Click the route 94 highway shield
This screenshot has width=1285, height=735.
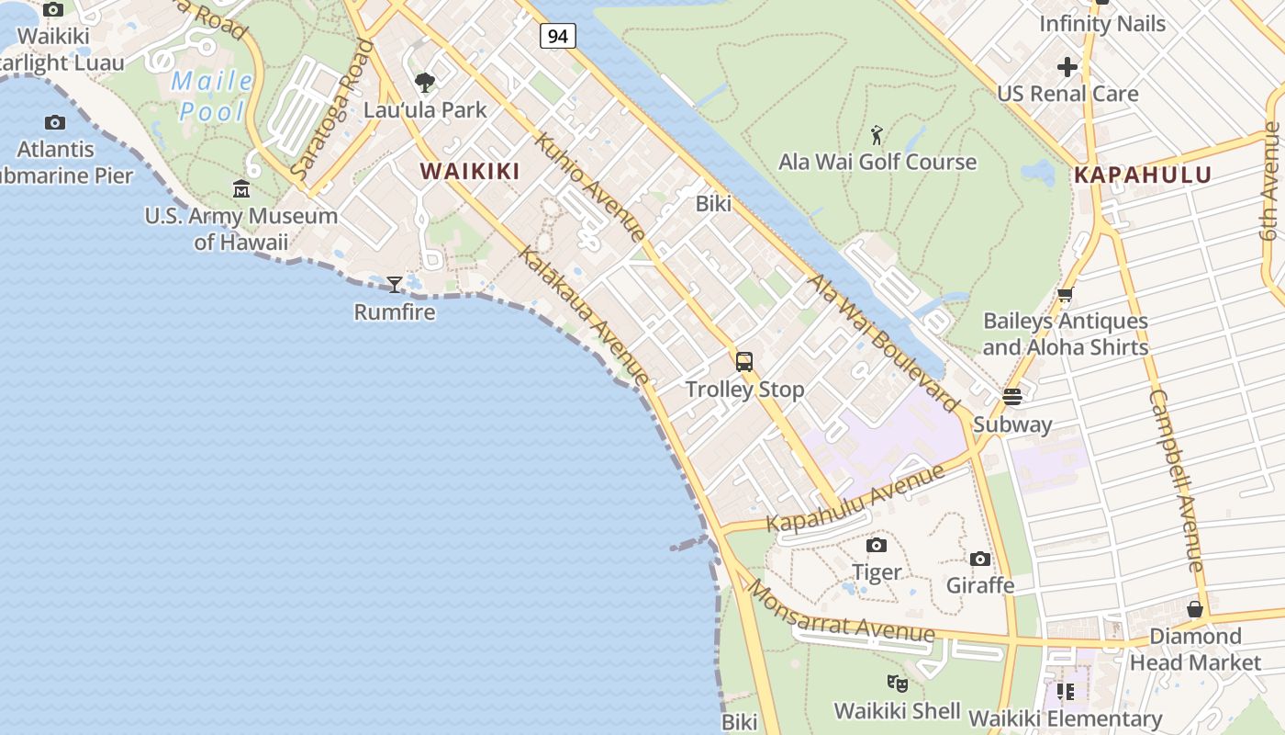click(x=557, y=36)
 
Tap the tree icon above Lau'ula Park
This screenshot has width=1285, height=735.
click(x=425, y=83)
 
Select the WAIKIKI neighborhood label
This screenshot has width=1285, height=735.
click(x=470, y=171)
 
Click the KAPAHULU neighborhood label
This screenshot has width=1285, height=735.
click(x=1143, y=175)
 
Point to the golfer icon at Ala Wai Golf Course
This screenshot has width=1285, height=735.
click(x=877, y=135)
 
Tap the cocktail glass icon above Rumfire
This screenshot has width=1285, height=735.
click(x=395, y=285)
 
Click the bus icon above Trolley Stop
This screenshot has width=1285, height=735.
click(x=744, y=362)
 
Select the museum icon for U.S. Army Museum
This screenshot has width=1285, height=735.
click(x=241, y=189)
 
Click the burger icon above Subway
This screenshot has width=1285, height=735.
click(x=1012, y=397)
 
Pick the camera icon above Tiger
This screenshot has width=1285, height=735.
click(x=877, y=545)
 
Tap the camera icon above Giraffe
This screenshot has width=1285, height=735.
click(x=980, y=559)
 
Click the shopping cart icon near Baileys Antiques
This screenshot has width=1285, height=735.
click(x=1066, y=295)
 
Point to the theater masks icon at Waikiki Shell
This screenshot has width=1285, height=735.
click(x=897, y=683)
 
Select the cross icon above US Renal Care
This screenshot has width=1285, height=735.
click(x=1067, y=67)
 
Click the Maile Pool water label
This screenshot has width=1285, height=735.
click(x=213, y=96)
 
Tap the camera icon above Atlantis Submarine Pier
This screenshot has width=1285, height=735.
click(x=55, y=122)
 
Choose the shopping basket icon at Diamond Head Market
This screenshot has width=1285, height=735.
click(x=1195, y=609)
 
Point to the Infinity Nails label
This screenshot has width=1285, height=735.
click(x=1102, y=24)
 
